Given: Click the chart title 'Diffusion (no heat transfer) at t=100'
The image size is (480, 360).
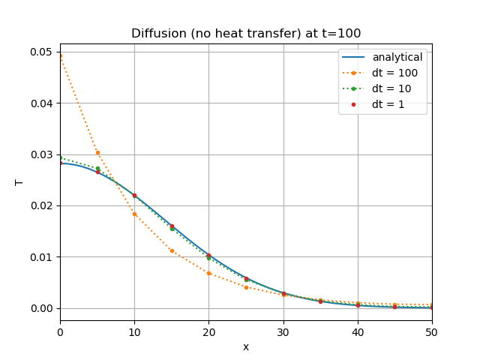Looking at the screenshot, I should pyautogui.click(x=246, y=33).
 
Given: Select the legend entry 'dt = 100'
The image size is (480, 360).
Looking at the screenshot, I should pyautogui.click(x=394, y=73).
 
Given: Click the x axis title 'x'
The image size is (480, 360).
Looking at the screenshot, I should pyautogui.click(x=246, y=346).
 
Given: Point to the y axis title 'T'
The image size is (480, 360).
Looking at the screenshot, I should pyautogui.click(x=19, y=182).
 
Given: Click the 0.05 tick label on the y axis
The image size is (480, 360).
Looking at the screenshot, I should pyautogui.click(x=41, y=52).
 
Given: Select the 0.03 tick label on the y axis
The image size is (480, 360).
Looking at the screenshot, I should pyautogui.click(x=41, y=154).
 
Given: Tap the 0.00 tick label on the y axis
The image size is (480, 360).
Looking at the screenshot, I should pyautogui.click(x=41, y=308).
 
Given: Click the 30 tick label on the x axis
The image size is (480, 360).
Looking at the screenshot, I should pyautogui.click(x=283, y=325).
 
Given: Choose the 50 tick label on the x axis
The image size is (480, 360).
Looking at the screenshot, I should pyautogui.click(x=432, y=325).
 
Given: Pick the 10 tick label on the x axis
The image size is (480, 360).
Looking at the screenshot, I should pyautogui.click(x=134, y=325).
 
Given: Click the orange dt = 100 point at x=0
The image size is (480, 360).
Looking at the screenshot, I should pyautogui.click(x=61, y=55).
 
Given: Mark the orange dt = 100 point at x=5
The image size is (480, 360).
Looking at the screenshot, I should pyautogui.click(x=97, y=152).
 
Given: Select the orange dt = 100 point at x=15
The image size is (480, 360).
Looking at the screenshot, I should pyautogui.click(x=172, y=250).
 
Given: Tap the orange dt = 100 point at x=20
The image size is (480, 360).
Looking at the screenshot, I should pyautogui.click(x=208, y=273).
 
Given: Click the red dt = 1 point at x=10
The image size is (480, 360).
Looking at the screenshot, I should pyautogui.click(x=134, y=196).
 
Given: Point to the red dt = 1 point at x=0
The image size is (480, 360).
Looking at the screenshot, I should pyautogui.click(x=61, y=162).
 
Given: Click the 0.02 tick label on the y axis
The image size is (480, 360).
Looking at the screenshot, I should pyautogui.click(x=41, y=205).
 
